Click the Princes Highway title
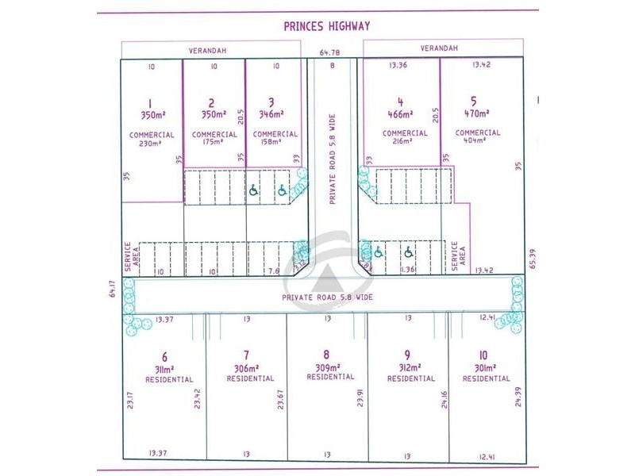click(x=327, y=26)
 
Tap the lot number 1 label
click(x=150, y=102)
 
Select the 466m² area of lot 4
click(x=401, y=114)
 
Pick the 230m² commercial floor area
click(x=151, y=144)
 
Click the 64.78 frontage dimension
click(x=327, y=53)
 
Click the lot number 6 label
click(x=164, y=357)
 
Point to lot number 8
click(x=326, y=355)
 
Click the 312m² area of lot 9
click(x=406, y=368)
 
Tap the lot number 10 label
click(x=483, y=355)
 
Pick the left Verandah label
click(x=207, y=50)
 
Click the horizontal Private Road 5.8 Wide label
click(x=328, y=297)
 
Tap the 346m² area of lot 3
click(x=271, y=114)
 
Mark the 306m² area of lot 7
click(x=247, y=369)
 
